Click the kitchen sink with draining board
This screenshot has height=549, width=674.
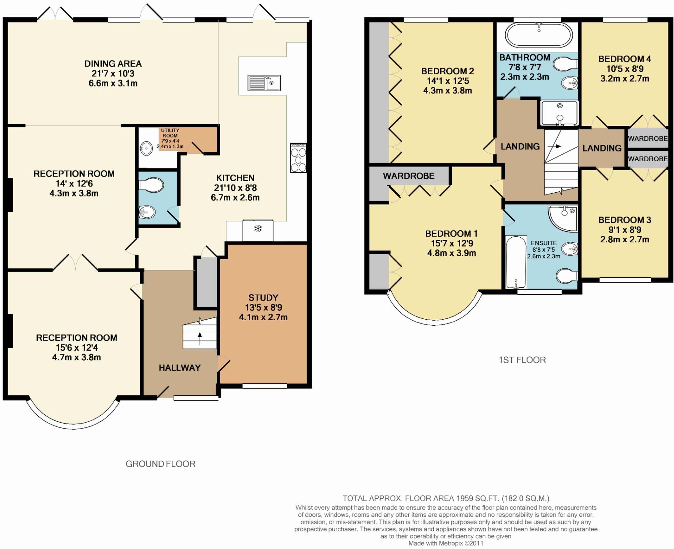pos(264,83)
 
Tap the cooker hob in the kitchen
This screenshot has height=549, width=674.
pos(298,158)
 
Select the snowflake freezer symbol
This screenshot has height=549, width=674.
pos(258,228)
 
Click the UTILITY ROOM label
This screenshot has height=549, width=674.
pos(170,133)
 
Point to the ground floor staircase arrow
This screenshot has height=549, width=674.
pos(200,338)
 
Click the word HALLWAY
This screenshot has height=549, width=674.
pos(180,368)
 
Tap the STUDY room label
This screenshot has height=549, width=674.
pos(263,298)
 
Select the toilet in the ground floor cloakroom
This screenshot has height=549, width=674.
pos(151,186)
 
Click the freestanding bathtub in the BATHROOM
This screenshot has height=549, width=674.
pos(538,35)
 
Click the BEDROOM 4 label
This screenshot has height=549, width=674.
pos(624,59)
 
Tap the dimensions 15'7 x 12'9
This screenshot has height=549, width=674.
pos(452,243)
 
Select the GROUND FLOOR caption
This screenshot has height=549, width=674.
pos(160,464)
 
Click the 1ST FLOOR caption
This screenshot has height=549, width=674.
pos(522,360)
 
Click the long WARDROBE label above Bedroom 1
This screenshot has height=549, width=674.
pos(408,176)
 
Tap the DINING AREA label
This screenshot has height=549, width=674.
pos(113,64)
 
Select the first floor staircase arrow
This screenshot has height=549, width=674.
pos(554,146)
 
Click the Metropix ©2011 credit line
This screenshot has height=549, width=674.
pos(446,543)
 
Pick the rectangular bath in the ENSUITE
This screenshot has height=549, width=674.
pos(516,262)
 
